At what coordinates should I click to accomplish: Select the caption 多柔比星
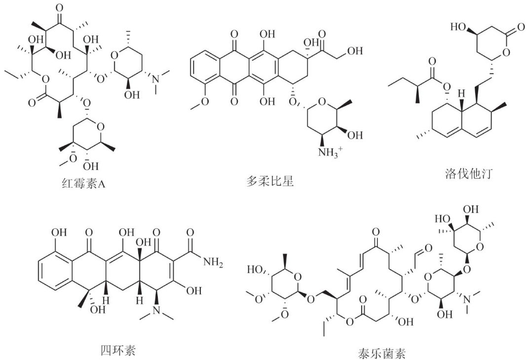pos(270,181)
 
